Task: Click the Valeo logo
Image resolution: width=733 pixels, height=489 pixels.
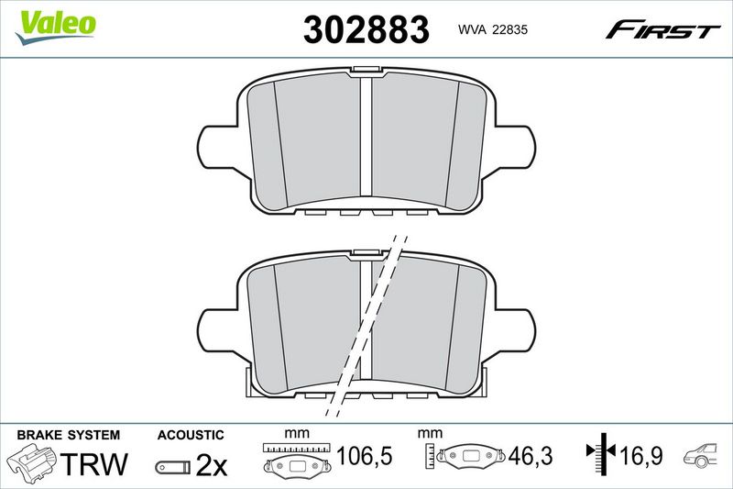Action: point(55,28)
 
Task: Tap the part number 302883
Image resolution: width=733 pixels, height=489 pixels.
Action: point(366,29)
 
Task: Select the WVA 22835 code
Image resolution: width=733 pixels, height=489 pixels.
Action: point(493,29)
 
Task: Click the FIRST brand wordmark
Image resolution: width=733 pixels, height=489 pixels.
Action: point(662,29)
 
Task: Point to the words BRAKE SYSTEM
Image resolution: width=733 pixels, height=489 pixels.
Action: point(68,435)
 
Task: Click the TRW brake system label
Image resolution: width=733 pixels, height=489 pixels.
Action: point(93,464)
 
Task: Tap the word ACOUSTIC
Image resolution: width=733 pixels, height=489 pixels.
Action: point(191,435)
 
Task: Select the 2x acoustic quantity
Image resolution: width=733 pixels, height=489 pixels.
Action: point(211,465)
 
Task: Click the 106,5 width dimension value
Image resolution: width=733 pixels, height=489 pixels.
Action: point(364,456)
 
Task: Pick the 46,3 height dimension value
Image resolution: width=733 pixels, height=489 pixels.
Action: point(531,456)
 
